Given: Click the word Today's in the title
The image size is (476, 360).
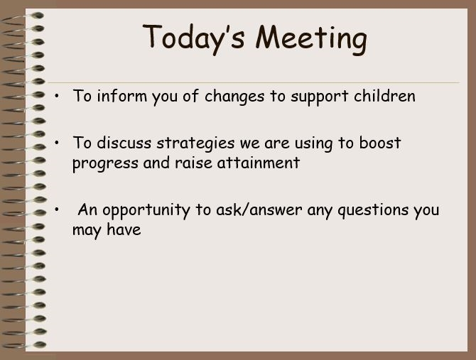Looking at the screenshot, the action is (x=193, y=38).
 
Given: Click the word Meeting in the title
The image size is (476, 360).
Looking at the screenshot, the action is (x=311, y=40).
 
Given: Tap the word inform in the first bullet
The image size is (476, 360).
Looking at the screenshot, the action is (x=121, y=96).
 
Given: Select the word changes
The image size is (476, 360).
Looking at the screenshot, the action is (x=234, y=97).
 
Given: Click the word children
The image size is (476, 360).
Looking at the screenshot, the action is (x=384, y=96).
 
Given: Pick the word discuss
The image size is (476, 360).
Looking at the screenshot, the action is (x=124, y=143).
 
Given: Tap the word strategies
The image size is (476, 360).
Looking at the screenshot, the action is (x=195, y=143).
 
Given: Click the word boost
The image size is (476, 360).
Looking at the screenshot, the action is (x=380, y=142).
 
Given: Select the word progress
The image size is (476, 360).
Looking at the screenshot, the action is (x=105, y=163).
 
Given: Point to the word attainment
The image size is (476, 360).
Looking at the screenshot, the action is (x=259, y=163).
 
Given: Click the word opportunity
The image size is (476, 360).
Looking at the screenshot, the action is (x=146, y=210).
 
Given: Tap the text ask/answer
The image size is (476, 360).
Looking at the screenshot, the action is (x=259, y=209).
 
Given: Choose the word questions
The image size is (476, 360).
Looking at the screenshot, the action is (x=373, y=210).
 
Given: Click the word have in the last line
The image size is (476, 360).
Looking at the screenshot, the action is (x=124, y=229).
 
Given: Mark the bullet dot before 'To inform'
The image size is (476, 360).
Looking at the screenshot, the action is (x=57, y=96).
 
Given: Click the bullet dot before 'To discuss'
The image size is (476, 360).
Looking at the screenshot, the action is (x=57, y=143).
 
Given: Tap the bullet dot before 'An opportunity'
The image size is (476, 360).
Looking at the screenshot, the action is (x=57, y=209).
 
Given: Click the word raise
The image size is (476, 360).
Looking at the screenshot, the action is (x=193, y=163).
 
